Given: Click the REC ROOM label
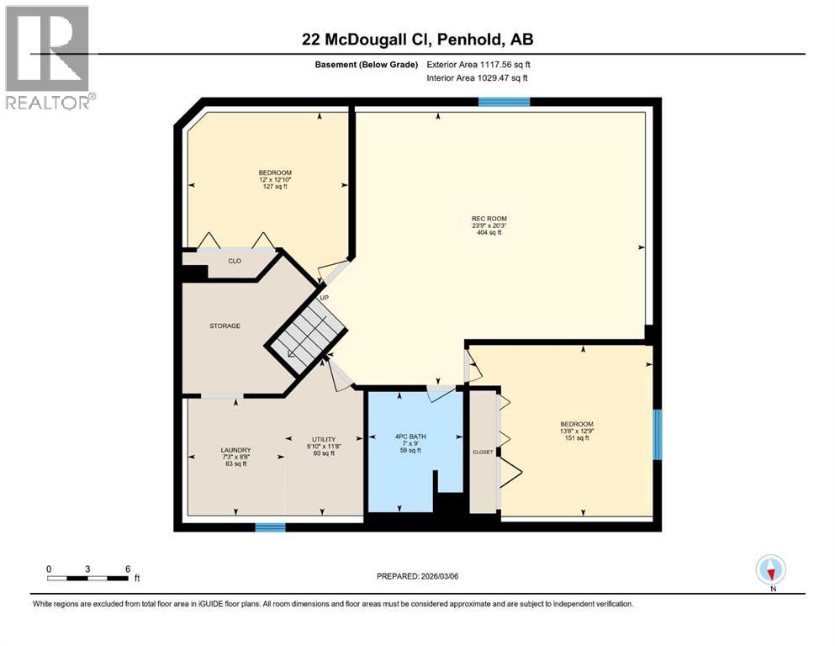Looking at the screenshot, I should tap(489, 219).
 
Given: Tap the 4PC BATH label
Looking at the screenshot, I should tap(410, 437).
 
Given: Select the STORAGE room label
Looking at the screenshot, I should tap(225, 326).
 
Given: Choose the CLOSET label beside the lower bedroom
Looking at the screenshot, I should tap(483, 452).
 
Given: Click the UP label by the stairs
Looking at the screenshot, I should tap(323, 298).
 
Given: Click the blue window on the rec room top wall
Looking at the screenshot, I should tap(504, 102).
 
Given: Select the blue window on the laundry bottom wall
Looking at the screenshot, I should tap(270, 527).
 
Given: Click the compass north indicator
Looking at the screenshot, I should tap(770, 571).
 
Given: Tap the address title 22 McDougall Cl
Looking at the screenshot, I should tap(417, 40).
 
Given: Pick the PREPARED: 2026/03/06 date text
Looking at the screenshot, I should tap(417, 576).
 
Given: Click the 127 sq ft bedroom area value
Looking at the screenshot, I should tap(275, 187).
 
